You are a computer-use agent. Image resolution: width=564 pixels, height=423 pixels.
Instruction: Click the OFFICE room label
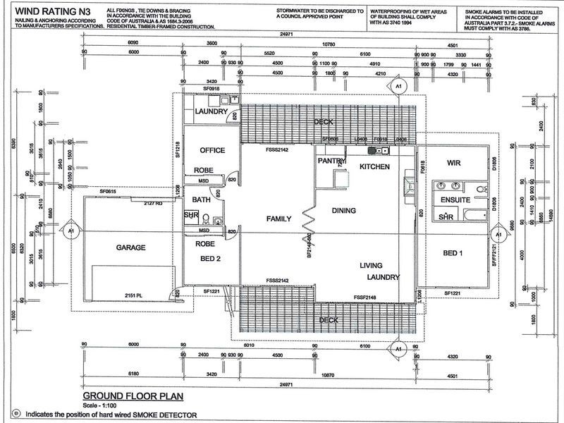pyautogui.click(x=211, y=150)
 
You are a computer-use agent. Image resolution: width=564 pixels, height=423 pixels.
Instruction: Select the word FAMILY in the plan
pyautogui.click(x=278, y=219)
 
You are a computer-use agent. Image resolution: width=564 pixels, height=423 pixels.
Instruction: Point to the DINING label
pyautogui.click(x=343, y=211)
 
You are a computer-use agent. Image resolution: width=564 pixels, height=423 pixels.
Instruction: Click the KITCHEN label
pyautogui.click(x=374, y=166)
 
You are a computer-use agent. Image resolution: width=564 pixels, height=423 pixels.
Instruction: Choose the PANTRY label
pyautogui.click(x=331, y=161)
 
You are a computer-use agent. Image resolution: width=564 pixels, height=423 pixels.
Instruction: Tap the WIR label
pyautogui.click(x=453, y=163)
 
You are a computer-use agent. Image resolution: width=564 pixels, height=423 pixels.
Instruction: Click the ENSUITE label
pyautogui.click(x=455, y=200)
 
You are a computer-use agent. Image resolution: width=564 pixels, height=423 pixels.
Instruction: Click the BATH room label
pyautogui.click(x=202, y=200)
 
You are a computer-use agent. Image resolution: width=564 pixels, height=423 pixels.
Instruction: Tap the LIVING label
pyautogui.click(x=371, y=265)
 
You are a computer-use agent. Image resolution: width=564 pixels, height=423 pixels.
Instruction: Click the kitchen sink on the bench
pyautogui.click(x=381, y=150)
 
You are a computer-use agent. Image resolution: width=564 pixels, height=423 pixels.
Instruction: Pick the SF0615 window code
pyautogui.click(x=107, y=192)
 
